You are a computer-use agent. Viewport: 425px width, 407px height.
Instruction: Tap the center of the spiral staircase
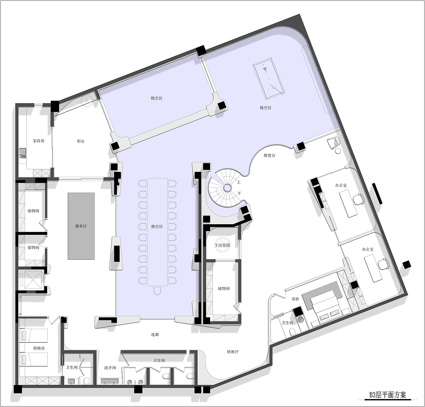pyautogui.click(x=227, y=187)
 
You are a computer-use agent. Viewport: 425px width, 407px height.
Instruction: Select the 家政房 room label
pyautogui.click(x=39, y=141)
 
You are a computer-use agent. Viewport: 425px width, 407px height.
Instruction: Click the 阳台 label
pyautogui.click(x=81, y=141)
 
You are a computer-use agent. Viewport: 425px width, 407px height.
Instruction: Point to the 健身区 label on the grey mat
pyautogui.click(x=81, y=226)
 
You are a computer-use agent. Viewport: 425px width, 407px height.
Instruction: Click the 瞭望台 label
pyautogui.click(x=270, y=156)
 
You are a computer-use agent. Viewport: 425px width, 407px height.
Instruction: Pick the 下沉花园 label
pyautogui.click(x=222, y=245)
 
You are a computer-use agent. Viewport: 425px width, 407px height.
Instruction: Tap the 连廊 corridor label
pyautogui.click(x=155, y=335)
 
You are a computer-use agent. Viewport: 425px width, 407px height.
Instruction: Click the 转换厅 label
pyautogui.click(x=233, y=352)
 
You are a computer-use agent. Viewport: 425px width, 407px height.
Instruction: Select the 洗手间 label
pyautogui.click(x=110, y=368)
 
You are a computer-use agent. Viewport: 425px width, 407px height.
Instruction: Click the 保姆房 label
pyautogui.click(x=39, y=348)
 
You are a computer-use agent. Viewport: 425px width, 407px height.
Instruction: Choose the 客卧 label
pyautogui.click(x=295, y=299)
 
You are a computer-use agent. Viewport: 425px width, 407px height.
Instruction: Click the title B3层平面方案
pyautogui.click(x=387, y=395)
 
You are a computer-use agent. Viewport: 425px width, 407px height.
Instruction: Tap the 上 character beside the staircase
pyautogui.click(x=239, y=182)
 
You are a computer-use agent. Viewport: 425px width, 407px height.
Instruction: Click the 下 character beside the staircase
pyautogui.click(x=239, y=193)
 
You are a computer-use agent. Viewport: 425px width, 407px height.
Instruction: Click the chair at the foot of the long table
pyautogui.click(x=157, y=291)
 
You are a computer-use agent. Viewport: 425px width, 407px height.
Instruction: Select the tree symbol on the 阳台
pyautogui.click(x=87, y=100)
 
